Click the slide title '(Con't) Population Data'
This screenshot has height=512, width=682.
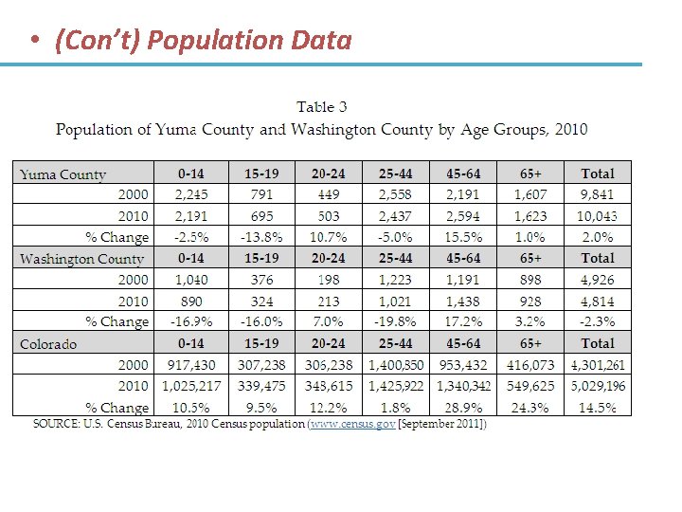[204, 41]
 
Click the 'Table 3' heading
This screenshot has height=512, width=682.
[322, 107]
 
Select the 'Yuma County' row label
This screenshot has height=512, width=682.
[63, 174]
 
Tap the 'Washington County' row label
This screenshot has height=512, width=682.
[81, 259]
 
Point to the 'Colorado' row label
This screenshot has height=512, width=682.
[48, 344]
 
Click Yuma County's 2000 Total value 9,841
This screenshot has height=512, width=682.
[598, 194]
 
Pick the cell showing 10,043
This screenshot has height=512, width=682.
[598, 216]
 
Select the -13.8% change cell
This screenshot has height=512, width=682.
[262, 237]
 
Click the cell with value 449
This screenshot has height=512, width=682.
[329, 194]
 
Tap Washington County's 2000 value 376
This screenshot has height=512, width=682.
[262, 280]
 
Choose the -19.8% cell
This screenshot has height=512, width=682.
[395, 321]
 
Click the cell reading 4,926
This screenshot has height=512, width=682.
[598, 280]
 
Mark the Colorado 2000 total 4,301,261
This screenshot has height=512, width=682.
[598, 365]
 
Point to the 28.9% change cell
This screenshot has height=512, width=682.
[463, 408]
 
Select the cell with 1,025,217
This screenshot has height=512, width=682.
[190, 386]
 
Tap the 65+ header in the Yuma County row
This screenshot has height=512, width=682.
[530, 174]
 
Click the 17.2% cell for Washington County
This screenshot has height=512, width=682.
[463, 321]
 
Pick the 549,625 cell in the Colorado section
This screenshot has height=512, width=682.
[530, 386]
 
